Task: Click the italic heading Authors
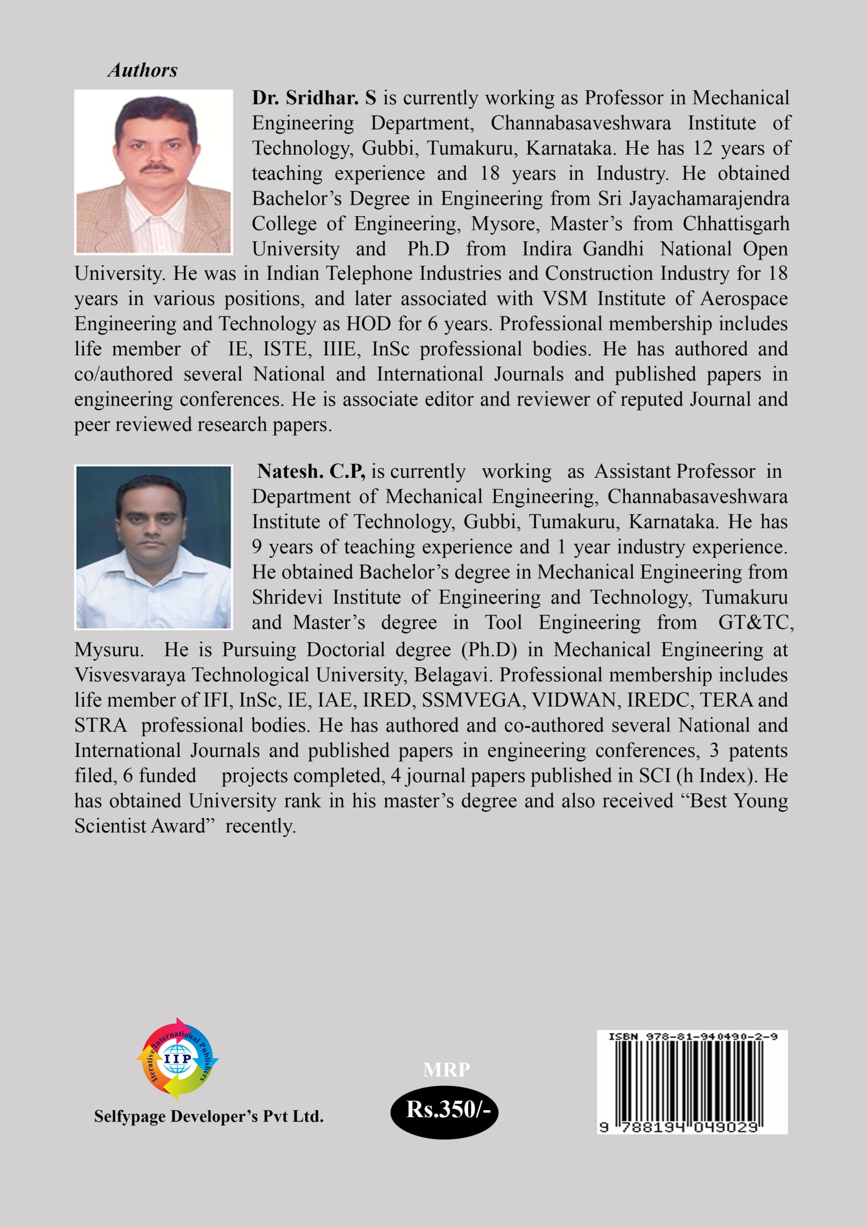coord(143,70)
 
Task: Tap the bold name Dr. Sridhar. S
coord(314,98)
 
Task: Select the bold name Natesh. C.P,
coord(311,471)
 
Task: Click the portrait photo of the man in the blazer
coord(153,172)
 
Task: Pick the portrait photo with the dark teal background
coord(153,547)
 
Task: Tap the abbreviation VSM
coord(565,298)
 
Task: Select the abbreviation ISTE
coord(287,348)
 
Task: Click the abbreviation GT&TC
coord(755,622)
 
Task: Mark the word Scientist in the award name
coord(110,826)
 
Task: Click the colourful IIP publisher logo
coord(177,1058)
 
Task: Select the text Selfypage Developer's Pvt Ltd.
coord(209,1116)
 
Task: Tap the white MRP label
coord(446,1069)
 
